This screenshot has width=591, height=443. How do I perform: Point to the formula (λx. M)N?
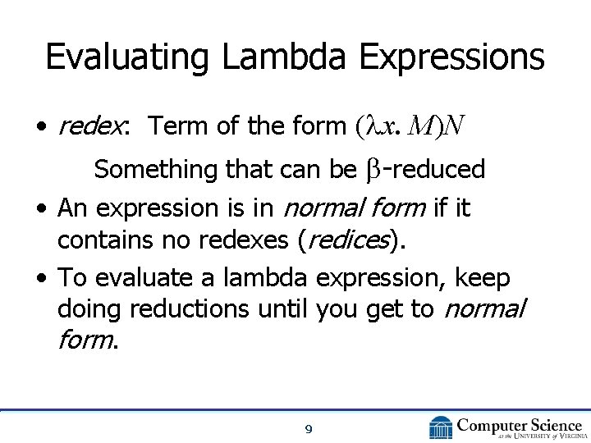[410, 126]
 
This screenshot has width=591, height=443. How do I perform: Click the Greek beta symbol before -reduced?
[371, 170]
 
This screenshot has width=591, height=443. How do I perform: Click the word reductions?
[193, 309]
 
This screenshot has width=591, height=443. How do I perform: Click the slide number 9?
[307, 428]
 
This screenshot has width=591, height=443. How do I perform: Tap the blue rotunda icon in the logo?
[441, 427]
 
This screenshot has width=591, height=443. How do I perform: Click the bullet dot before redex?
[40, 127]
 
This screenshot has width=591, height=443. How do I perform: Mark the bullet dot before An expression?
[40, 210]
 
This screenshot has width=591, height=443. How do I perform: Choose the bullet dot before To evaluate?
[40, 280]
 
